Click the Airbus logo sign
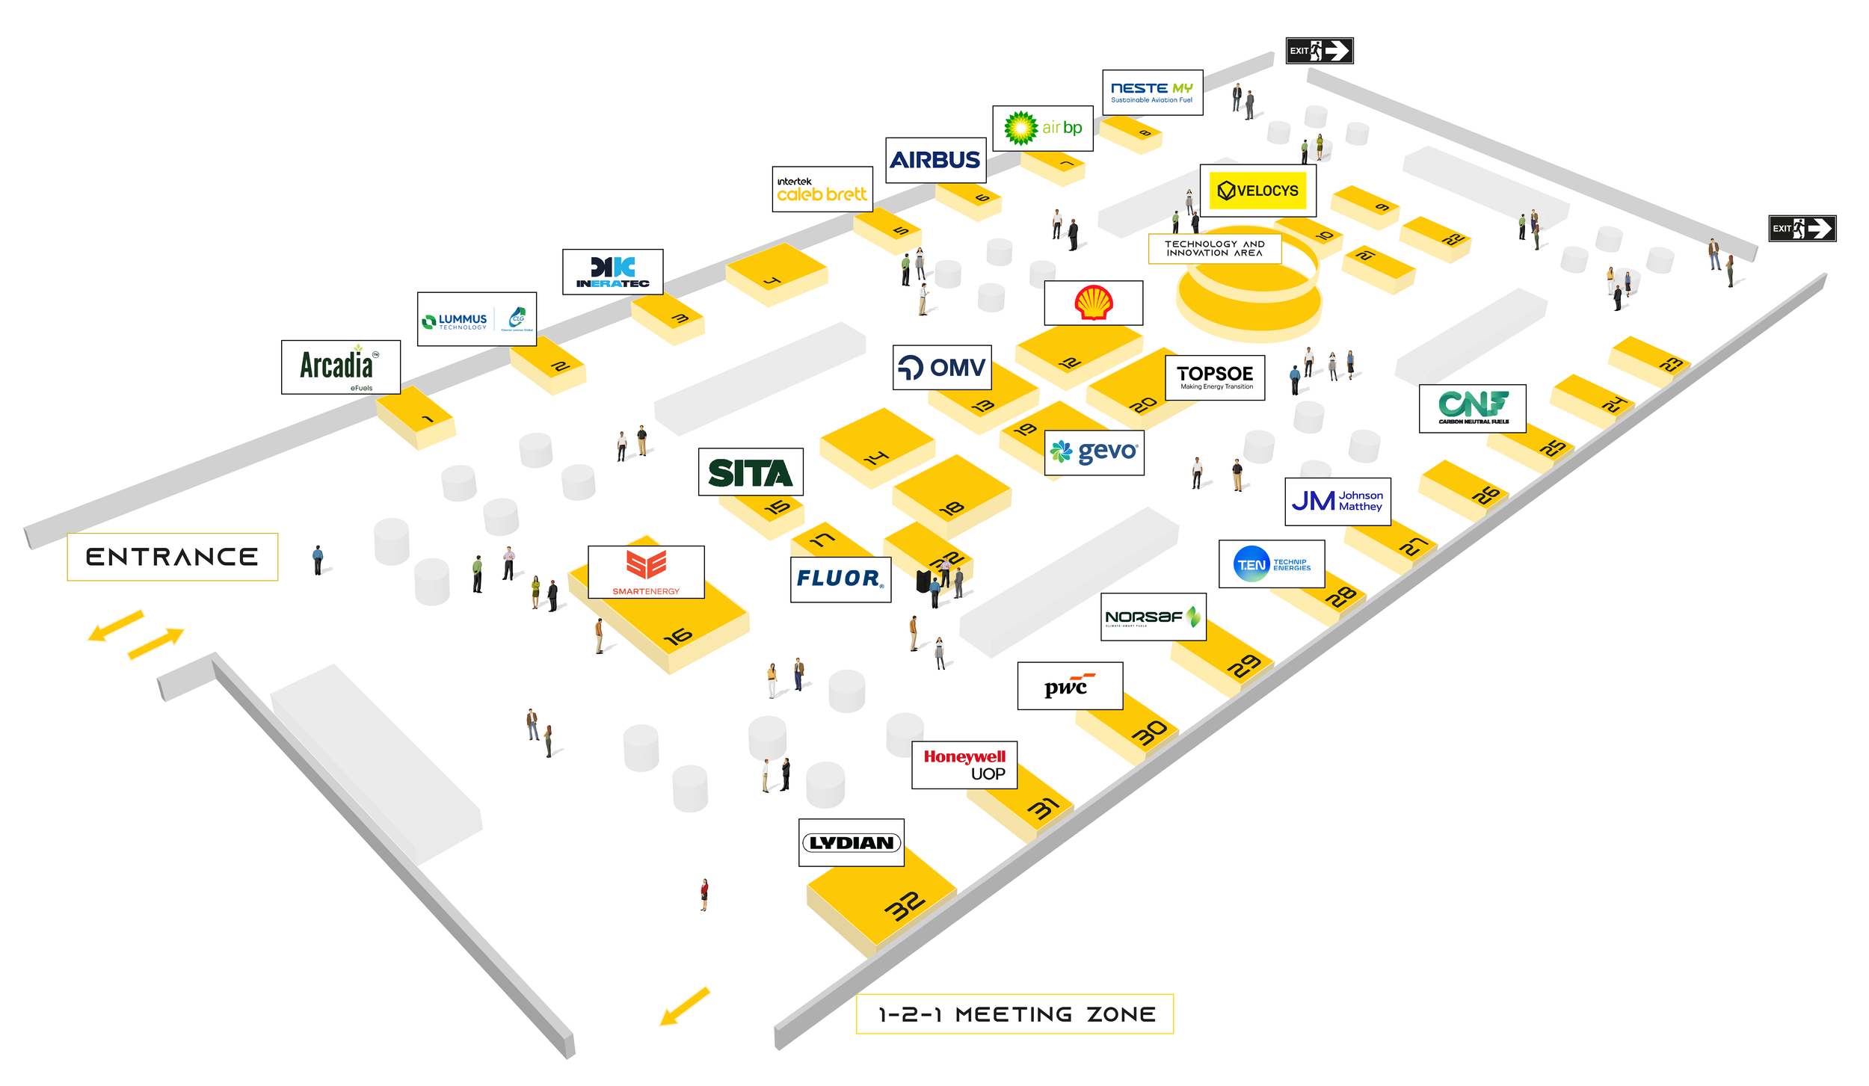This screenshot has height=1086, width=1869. point(935,160)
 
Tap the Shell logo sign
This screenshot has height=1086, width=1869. point(1093,303)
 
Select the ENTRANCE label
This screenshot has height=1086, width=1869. point(172,557)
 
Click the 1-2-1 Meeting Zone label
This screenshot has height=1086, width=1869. point(1014,1014)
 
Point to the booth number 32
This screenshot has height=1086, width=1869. point(905,906)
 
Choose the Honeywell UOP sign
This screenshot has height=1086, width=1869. point(964,765)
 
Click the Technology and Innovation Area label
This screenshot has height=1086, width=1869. point(1214,248)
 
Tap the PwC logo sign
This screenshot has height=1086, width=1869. point(1069,685)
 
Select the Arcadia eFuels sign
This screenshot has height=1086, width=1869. point(340,367)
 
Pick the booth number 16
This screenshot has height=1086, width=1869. point(677,637)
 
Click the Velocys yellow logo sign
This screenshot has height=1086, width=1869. point(1257,191)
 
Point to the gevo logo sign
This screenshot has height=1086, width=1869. point(1094,452)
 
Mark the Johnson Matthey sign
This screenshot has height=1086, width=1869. point(1337,501)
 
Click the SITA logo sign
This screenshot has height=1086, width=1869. point(750,472)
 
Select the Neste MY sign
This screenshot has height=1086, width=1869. point(1151,93)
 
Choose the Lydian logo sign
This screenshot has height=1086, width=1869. point(851,842)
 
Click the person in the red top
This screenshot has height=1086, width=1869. point(703,894)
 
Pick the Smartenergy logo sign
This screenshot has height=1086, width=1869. point(646,572)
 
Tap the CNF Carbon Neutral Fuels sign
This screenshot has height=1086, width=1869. point(1472,408)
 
